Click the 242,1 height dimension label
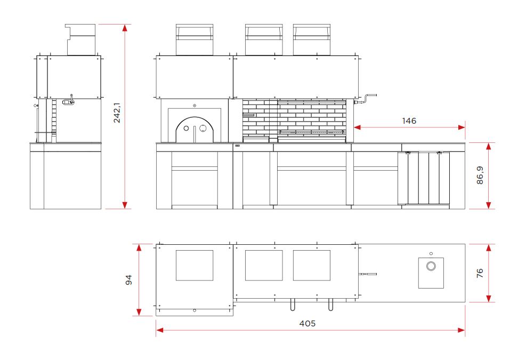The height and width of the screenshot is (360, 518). click(x=117, y=113)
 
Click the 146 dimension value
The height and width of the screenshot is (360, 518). click(x=409, y=121)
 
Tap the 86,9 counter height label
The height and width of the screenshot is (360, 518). click(x=480, y=175)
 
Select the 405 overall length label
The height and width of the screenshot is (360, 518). click(x=307, y=323)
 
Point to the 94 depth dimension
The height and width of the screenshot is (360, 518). click(x=129, y=279)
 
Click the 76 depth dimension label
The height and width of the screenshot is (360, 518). click(x=480, y=273)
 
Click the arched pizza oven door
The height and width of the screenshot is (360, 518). click(x=195, y=130)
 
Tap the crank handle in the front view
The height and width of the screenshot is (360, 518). click(x=366, y=99)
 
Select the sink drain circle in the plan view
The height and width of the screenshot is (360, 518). click(x=431, y=266)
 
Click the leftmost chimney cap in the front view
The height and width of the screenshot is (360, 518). click(x=194, y=39)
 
